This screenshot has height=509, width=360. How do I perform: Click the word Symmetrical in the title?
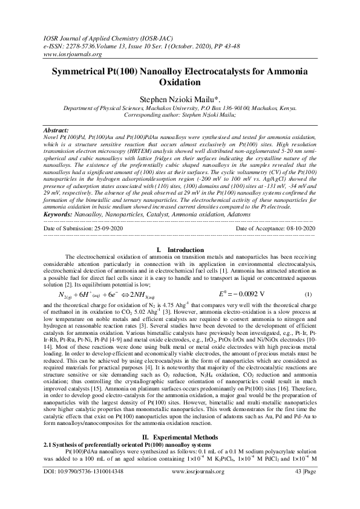[87, 72]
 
